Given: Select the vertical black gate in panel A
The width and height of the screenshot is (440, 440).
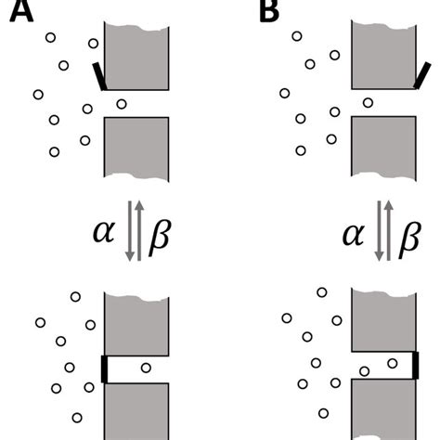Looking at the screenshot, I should click(x=103, y=369).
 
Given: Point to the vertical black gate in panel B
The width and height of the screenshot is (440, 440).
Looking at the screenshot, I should click(x=414, y=365).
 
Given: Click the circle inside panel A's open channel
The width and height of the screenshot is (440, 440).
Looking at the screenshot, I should click(x=146, y=369).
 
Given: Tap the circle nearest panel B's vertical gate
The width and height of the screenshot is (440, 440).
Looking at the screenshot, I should click(x=393, y=363).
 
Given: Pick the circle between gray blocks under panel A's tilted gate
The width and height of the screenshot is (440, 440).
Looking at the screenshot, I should click(x=121, y=103).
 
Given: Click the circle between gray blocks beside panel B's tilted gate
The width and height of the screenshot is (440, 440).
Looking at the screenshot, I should click(x=369, y=102).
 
